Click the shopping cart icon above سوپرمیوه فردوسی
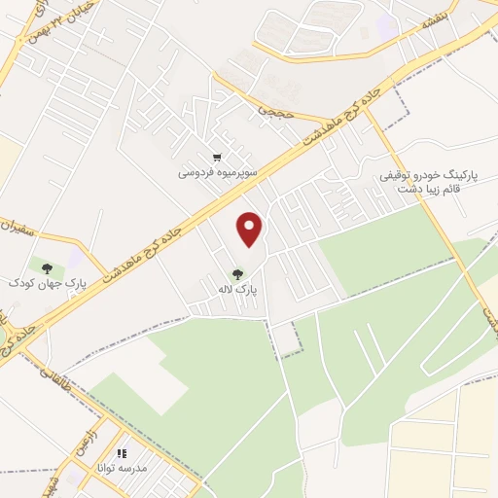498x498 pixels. [217, 158]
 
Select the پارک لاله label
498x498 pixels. [237, 290]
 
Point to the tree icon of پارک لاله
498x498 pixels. [236, 274]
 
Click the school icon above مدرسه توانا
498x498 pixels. [122, 453]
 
